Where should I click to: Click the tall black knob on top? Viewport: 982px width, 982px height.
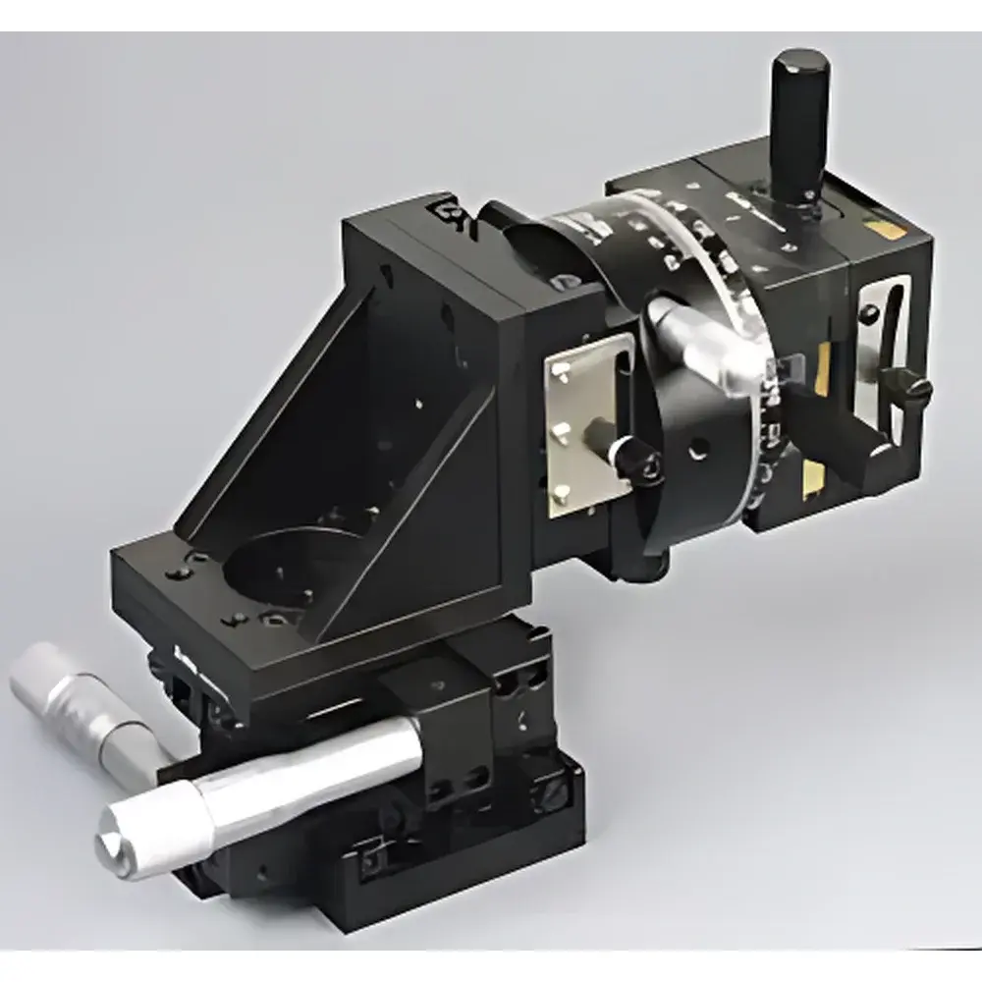(798, 118)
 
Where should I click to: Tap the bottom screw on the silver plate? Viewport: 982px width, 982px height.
(561, 497)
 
